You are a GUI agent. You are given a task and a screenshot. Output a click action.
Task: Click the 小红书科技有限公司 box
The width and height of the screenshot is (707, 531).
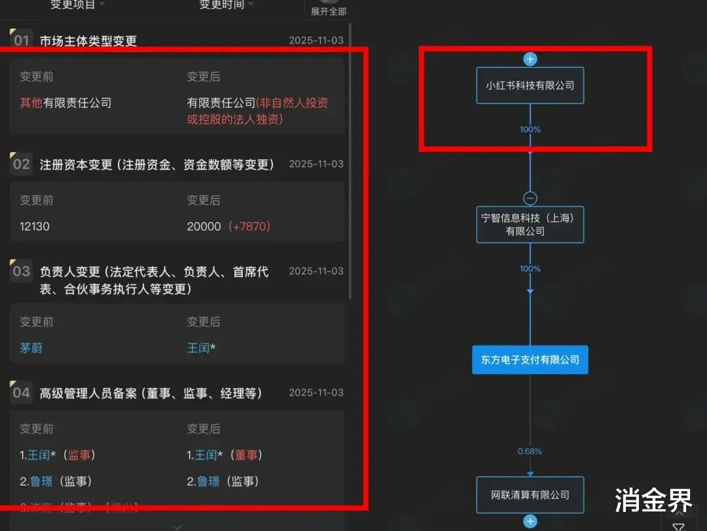click(530, 85)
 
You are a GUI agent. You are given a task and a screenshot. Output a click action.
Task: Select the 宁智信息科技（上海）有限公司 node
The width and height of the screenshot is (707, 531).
click(530, 224)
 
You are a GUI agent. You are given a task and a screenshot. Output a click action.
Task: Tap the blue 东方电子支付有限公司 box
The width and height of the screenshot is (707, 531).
click(530, 360)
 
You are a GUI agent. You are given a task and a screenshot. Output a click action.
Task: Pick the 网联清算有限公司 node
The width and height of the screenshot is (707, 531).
click(530, 495)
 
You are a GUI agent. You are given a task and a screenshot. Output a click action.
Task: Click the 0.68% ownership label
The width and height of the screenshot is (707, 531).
click(530, 452)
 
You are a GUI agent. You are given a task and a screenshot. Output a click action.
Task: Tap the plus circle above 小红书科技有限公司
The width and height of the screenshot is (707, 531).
click(530, 59)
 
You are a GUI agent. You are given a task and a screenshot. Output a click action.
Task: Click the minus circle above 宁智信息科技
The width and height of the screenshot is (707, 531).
click(530, 198)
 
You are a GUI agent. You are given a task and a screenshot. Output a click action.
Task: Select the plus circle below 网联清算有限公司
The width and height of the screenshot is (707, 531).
click(530, 522)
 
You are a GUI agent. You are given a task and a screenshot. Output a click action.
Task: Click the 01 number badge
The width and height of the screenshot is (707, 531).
click(21, 40)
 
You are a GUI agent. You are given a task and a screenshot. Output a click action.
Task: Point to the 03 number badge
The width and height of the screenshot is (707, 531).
click(21, 271)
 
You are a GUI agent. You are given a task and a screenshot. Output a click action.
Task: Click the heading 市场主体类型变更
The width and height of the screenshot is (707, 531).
click(88, 41)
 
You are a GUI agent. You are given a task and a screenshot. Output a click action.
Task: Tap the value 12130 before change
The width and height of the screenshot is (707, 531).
click(35, 226)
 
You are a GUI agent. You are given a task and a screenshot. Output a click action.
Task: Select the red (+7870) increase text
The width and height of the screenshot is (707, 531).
click(249, 226)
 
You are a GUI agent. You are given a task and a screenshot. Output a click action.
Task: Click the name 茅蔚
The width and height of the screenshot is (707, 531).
click(31, 347)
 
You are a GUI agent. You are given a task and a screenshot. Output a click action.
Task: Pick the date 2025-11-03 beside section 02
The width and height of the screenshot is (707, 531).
click(316, 164)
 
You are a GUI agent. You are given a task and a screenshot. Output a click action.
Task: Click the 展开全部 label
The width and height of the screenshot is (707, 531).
click(329, 11)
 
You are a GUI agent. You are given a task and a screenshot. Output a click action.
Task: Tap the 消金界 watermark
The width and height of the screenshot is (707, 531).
click(653, 501)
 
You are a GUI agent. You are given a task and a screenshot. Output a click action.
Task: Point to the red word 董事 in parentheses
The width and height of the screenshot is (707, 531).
click(247, 455)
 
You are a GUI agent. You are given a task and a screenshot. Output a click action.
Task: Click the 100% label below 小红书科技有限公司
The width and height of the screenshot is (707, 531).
click(530, 130)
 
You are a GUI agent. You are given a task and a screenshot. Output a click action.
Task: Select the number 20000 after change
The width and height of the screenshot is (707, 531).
click(204, 226)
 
